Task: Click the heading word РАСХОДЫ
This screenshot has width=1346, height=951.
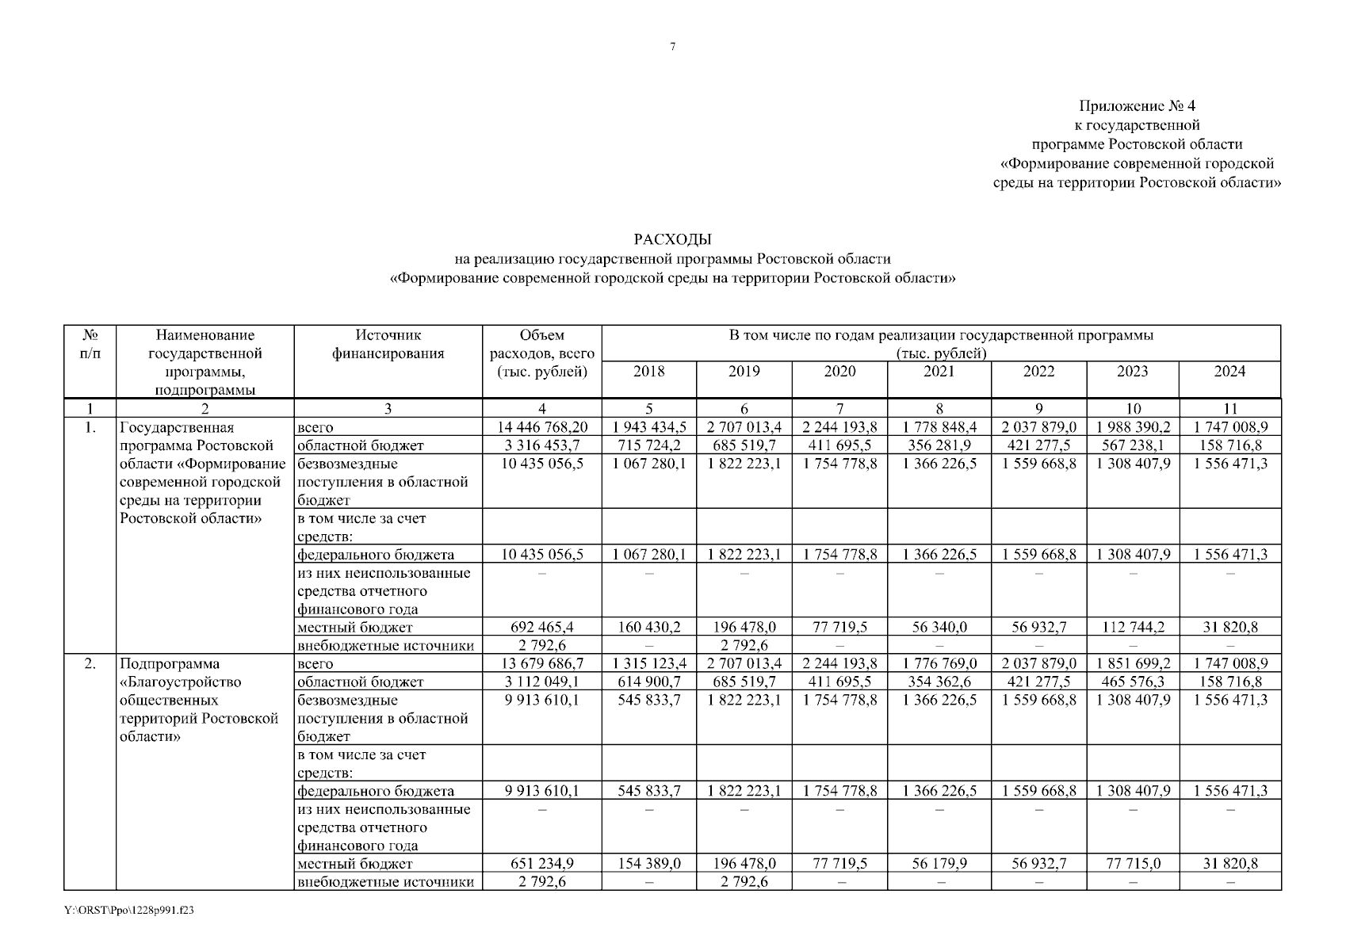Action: pos(672,239)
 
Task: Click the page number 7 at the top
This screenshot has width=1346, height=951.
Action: pos(672,47)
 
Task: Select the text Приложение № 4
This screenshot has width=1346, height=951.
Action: pos(1136,106)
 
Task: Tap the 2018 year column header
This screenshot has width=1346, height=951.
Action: pos(648,372)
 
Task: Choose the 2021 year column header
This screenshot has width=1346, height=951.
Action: pos(939,372)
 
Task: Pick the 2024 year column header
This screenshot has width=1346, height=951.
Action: pos(1229,372)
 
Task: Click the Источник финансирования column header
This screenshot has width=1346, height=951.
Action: pos(388,344)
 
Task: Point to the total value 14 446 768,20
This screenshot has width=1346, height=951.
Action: pos(542,427)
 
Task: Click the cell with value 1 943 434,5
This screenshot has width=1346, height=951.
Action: pos(648,427)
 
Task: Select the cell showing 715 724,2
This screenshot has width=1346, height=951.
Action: pos(648,445)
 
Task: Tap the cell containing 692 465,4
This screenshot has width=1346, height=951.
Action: pos(542,628)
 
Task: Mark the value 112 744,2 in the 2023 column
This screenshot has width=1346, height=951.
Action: pos(1133,628)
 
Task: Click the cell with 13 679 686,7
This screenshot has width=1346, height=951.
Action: pos(542,663)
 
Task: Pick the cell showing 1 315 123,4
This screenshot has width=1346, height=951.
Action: pos(648,663)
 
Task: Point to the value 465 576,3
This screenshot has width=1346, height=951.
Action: pos(1133,682)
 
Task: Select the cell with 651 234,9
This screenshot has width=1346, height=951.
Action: pos(542,864)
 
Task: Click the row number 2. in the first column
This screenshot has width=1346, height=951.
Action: pos(90,663)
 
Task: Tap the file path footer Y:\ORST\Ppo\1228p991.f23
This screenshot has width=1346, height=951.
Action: pos(129,911)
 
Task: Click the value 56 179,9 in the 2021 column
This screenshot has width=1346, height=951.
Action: pos(939,864)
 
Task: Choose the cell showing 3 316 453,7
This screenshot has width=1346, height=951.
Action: pos(542,445)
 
